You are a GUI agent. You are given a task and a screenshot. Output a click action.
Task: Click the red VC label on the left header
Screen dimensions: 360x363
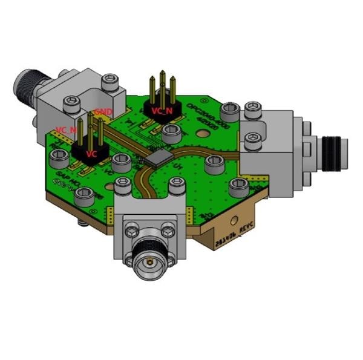click(x=91, y=154)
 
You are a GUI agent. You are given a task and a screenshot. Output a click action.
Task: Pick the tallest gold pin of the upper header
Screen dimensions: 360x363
click(x=162, y=85)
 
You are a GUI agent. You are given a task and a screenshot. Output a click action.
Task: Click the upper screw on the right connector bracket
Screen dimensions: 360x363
click(x=252, y=110)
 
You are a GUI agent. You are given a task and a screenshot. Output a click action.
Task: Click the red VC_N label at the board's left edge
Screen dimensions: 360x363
click(x=65, y=129)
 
